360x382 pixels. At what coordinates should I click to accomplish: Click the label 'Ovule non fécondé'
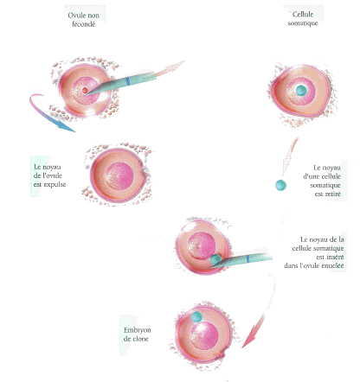tap(84, 20)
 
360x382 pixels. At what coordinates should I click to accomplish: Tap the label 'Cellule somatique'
tap(303, 19)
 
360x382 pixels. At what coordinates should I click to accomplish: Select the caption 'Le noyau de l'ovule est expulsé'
tap(49, 175)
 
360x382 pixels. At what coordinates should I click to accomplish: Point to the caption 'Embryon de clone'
tap(137, 334)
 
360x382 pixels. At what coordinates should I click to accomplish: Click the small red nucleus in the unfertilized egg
tap(85, 91)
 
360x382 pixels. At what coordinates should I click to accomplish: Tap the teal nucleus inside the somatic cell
tap(301, 90)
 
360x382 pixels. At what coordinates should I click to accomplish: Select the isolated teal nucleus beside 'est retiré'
tap(280, 185)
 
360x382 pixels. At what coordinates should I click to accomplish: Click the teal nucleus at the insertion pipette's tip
tap(215, 259)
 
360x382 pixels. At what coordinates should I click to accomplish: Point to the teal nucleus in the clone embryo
tap(197, 316)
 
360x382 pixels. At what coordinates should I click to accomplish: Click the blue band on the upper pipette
tap(127, 81)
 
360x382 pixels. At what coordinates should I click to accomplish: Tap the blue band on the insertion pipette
tap(247, 258)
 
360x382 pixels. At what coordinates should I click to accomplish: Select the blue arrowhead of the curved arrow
tap(66, 127)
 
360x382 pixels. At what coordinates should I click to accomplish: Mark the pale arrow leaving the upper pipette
tap(170, 67)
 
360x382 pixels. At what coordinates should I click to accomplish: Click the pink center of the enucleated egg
tap(119, 176)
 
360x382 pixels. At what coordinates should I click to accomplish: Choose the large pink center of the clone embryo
tap(204, 335)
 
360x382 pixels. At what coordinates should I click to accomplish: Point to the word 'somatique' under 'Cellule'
tap(303, 23)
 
